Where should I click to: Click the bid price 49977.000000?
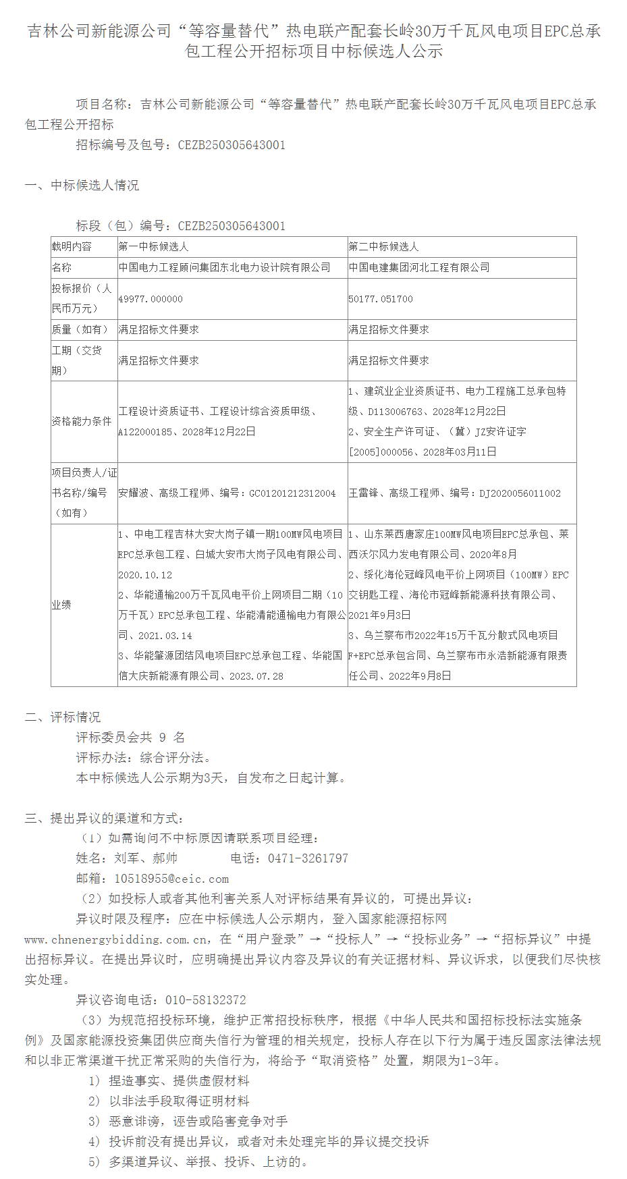coord(151,299)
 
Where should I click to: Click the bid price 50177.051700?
coord(381,299)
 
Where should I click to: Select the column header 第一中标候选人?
coord(154,247)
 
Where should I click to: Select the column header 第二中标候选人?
coord(384,247)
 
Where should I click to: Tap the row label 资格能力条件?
coord(82,421)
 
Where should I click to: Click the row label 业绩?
coord(61,605)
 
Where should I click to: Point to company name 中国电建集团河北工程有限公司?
coord(419,268)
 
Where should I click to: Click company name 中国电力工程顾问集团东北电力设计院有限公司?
coord(225,268)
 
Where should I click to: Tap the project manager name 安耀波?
coord(134,493)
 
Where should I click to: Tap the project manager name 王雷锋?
coord(364,493)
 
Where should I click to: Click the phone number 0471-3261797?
coord(308,858)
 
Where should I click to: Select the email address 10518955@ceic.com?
coord(171,879)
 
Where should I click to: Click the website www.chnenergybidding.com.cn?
coord(115,939)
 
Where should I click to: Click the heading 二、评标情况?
coord(63,717)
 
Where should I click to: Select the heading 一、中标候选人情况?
coord(82,186)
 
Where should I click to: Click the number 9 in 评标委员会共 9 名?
coord(163,738)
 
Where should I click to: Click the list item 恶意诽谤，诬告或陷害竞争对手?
coord(198,1121)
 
